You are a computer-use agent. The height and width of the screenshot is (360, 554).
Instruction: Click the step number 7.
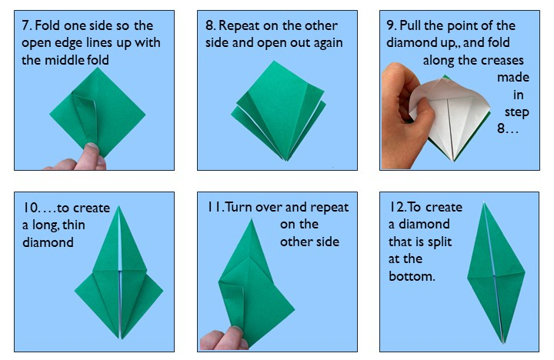(x=26, y=25)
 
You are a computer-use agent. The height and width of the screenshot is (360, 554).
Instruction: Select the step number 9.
(x=391, y=25)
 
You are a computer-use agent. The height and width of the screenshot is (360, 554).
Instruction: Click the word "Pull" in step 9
(x=416, y=25)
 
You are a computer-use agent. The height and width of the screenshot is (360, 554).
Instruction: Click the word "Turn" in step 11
(x=241, y=208)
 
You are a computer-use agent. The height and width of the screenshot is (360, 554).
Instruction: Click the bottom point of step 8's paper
(x=285, y=160)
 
